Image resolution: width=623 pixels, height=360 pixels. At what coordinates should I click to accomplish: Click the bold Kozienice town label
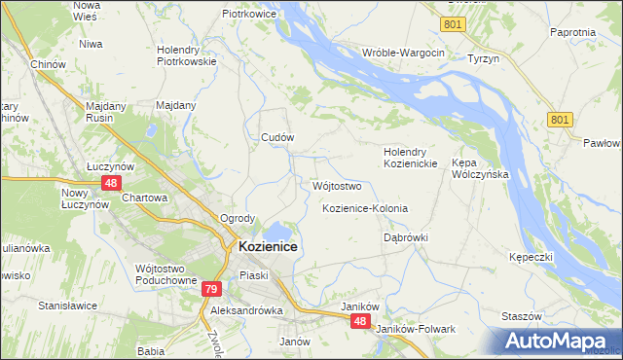click(x=268, y=247)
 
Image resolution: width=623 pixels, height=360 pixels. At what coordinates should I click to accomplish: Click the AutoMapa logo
click(x=561, y=341)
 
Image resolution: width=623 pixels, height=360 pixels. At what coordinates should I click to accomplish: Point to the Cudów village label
click(x=277, y=138)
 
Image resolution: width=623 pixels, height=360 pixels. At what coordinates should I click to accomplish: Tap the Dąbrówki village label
click(x=406, y=237)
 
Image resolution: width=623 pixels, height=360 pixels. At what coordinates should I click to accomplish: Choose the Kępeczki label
click(x=531, y=257)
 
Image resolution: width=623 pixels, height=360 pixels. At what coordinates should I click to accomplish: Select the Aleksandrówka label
click(x=246, y=310)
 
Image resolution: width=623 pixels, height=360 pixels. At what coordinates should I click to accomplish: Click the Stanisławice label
click(x=67, y=305)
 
